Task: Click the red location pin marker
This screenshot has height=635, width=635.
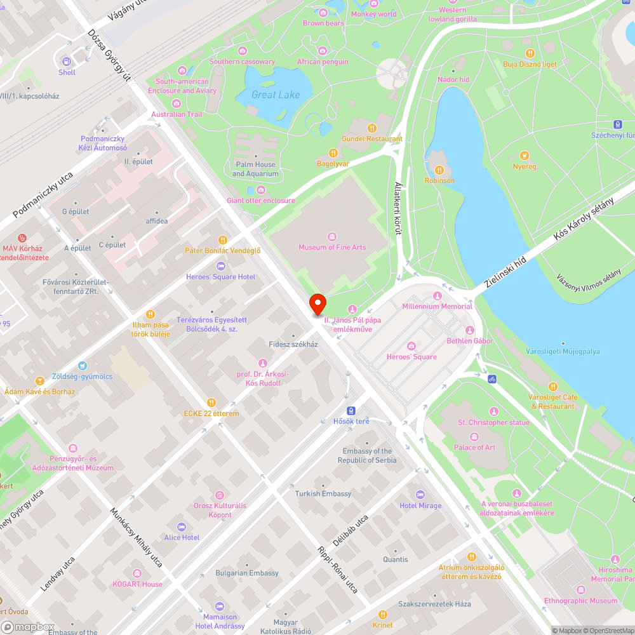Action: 317,304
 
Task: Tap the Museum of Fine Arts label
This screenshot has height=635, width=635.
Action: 332,247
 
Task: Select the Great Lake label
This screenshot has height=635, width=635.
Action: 276,95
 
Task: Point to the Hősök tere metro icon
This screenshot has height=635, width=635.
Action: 351,410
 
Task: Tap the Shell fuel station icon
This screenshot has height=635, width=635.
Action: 67,61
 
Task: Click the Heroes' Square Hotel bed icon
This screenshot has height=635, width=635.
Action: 221,265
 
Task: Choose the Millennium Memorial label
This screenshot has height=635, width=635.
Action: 438,306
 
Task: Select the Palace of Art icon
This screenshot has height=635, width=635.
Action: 474,437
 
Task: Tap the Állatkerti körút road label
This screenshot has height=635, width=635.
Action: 398,208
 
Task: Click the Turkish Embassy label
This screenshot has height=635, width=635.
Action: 323,493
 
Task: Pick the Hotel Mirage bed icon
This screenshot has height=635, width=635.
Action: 420,495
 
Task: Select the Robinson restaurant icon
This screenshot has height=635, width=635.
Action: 439,170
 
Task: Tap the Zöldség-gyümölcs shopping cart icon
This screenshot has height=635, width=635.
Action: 82,366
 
